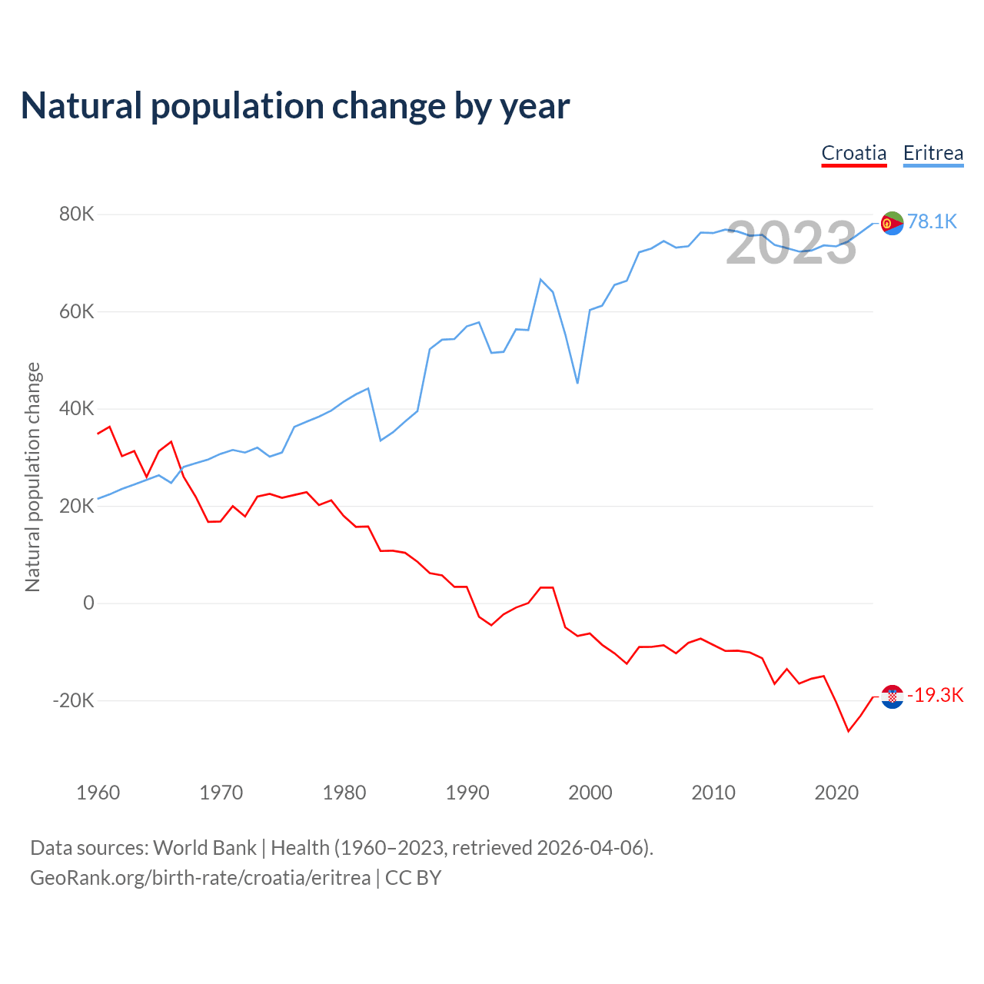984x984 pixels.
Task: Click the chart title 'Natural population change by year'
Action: (295, 106)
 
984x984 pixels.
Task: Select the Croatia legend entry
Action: (854, 153)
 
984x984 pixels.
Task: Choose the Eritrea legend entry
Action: (932, 153)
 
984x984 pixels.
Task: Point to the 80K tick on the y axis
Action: (76, 214)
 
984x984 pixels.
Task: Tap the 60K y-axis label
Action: (76, 311)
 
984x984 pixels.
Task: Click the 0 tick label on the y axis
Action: (88, 603)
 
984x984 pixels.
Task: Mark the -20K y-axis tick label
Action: (73, 700)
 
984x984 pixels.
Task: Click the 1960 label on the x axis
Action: (98, 793)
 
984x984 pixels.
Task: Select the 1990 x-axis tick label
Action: (467, 793)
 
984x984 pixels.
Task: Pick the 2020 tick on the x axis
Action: (836, 793)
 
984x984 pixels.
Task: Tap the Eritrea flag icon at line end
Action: (892, 223)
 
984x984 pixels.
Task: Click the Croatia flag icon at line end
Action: (892, 696)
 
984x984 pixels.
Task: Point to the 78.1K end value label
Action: (932, 222)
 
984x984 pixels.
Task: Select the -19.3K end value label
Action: (935, 696)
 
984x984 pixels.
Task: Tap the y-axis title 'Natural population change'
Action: (32, 477)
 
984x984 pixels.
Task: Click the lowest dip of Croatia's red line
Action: (849, 731)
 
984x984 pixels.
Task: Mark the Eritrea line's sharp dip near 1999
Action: (577, 383)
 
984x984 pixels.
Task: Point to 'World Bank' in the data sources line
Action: (204, 848)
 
